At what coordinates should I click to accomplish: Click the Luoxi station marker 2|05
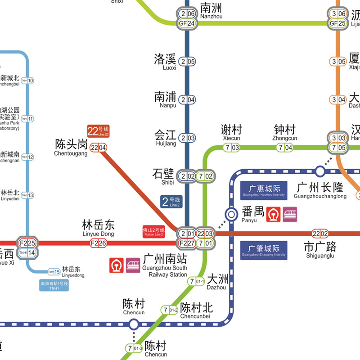pos(187,62)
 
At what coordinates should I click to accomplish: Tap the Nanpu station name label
pos(165,100)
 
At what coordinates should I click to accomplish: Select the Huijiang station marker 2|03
pos(187,138)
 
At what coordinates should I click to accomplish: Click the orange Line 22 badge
pos(98,131)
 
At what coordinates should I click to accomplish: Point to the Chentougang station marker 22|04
pos(99,148)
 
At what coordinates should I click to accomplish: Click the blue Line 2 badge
pos(171,202)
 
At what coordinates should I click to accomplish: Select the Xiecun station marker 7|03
pos(231,148)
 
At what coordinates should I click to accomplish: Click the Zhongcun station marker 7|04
pos(285,148)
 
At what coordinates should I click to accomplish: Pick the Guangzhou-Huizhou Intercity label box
pos(263,190)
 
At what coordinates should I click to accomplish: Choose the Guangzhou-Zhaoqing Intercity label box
pos(263,250)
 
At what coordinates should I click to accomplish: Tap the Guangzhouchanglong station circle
pos(320,171)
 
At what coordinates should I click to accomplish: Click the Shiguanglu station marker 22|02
pos(320,233)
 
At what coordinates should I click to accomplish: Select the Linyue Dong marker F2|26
pos(99,243)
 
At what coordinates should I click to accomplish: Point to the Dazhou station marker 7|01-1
pos(197,282)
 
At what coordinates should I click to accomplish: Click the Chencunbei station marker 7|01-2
pos(170,310)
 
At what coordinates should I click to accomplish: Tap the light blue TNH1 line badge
pos(54,286)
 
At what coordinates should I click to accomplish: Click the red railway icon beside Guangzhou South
pos(117,265)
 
